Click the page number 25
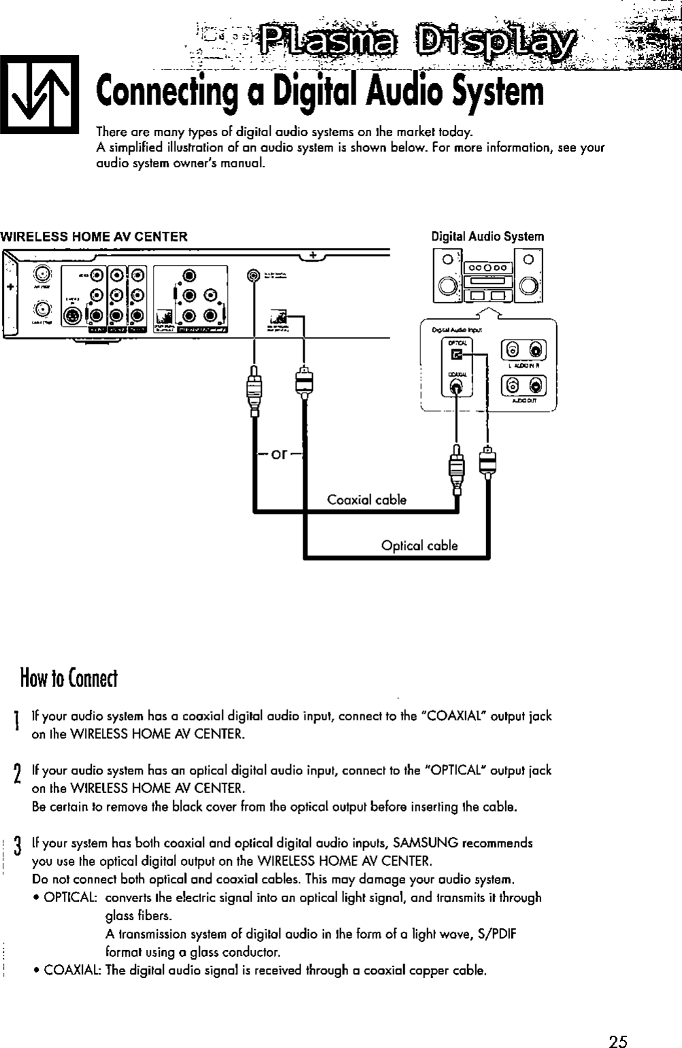point(618,1024)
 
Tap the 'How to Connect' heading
point(69,678)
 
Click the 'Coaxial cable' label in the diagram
point(366,500)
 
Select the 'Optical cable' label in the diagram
point(420,546)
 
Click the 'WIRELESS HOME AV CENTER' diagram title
point(94,237)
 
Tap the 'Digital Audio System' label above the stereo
point(488,237)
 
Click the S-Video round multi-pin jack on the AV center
point(71,317)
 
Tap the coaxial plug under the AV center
point(254,391)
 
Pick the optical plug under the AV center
point(303,385)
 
